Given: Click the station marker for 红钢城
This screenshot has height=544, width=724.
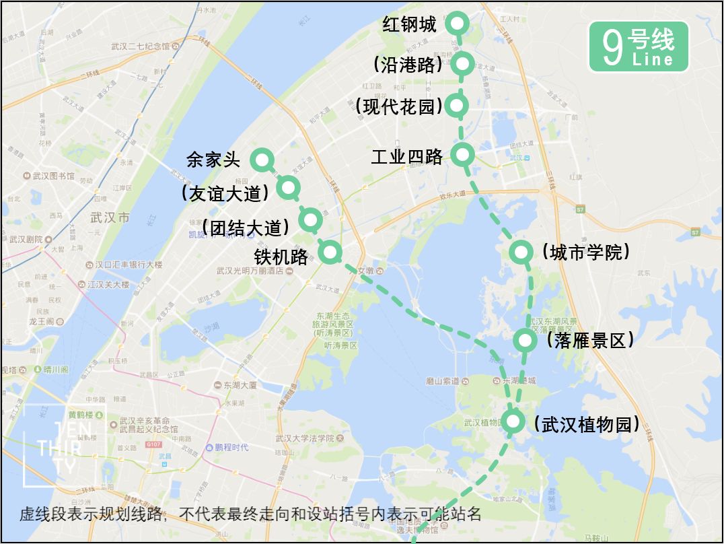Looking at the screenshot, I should [458, 24].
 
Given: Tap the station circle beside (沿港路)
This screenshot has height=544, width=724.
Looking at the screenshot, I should [462, 64].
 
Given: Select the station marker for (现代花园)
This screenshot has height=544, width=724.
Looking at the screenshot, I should [457, 105].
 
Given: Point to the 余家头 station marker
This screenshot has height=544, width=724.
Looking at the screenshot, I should [261, 160].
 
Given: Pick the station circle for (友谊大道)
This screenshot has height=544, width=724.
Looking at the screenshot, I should [288, 188].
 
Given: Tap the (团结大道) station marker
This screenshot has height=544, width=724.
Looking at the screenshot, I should [310, 219].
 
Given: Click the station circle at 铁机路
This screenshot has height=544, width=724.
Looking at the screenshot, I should [330, 252].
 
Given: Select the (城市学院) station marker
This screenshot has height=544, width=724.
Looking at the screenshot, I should [521, 252].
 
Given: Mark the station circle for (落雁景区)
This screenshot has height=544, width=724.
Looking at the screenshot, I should [524, 340].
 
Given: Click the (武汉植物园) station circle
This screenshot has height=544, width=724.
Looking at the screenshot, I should [513, 421].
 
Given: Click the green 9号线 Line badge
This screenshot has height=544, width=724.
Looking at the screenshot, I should [639, 47].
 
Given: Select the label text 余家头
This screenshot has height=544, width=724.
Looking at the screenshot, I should [213, 160].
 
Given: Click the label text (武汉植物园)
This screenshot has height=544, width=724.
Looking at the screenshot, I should [585, 424].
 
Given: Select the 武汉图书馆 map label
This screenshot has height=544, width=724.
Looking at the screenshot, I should [52, 176].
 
